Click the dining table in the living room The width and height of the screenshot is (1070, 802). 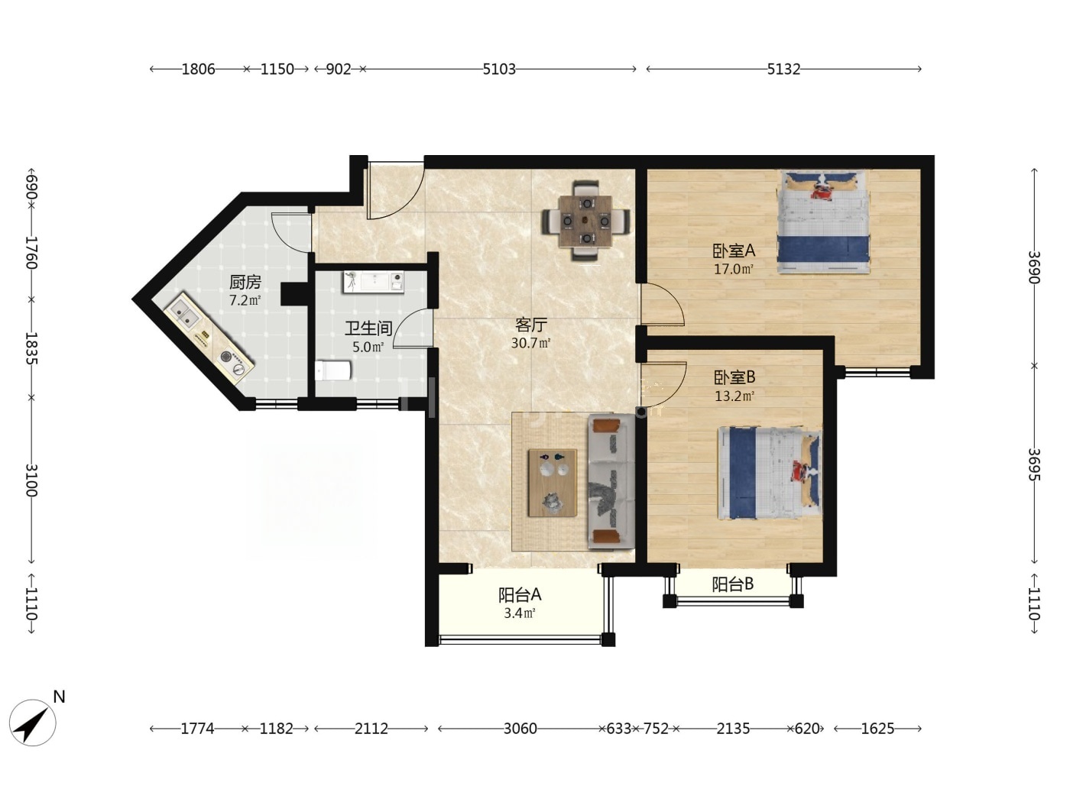586,221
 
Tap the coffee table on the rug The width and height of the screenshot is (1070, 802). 553,483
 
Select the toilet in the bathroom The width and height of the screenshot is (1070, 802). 333,370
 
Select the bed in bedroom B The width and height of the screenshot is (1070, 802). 769,473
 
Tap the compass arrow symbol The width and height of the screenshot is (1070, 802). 32,723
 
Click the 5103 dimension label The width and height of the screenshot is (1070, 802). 498,70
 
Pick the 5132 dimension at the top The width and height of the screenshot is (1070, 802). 783,70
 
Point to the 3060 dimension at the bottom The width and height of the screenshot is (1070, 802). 520,729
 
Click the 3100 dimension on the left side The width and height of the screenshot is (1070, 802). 32,480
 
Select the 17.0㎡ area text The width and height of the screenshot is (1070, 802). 734,269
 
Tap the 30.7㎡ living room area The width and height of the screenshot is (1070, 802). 531,343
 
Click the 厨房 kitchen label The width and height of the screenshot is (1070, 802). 245,282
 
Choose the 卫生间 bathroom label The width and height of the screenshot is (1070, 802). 368,328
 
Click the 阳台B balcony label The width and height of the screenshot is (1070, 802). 733,584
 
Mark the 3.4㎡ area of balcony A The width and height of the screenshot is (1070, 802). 520,613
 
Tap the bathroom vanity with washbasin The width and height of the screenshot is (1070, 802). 374,282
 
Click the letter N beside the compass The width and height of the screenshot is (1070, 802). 59,697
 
